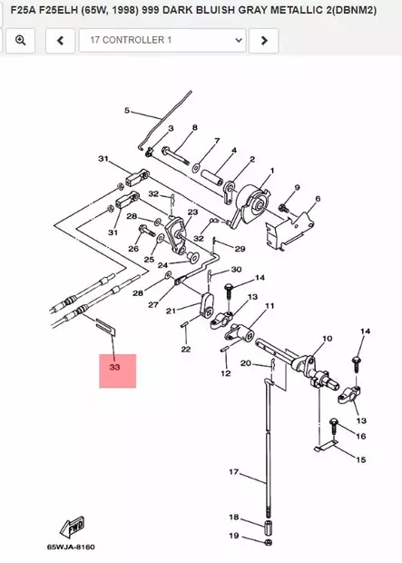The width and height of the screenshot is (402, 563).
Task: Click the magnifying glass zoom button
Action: point(20,40)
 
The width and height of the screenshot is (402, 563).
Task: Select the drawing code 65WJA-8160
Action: point(70,548)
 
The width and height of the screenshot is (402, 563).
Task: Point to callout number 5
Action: point(127,112)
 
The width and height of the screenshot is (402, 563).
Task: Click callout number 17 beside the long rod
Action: point(232,472)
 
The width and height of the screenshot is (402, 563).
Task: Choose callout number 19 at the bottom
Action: point(233,537)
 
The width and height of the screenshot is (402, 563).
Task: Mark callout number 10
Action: point(327,339)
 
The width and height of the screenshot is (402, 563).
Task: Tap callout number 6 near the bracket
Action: point(318,198)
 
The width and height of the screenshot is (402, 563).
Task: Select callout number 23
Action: point(191,212)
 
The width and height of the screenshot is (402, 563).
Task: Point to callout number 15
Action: point(360,460)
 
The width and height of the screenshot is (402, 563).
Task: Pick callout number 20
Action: point(245,363)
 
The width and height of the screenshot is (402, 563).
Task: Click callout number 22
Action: point(185,349)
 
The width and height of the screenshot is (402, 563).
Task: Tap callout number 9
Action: point(296,188)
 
